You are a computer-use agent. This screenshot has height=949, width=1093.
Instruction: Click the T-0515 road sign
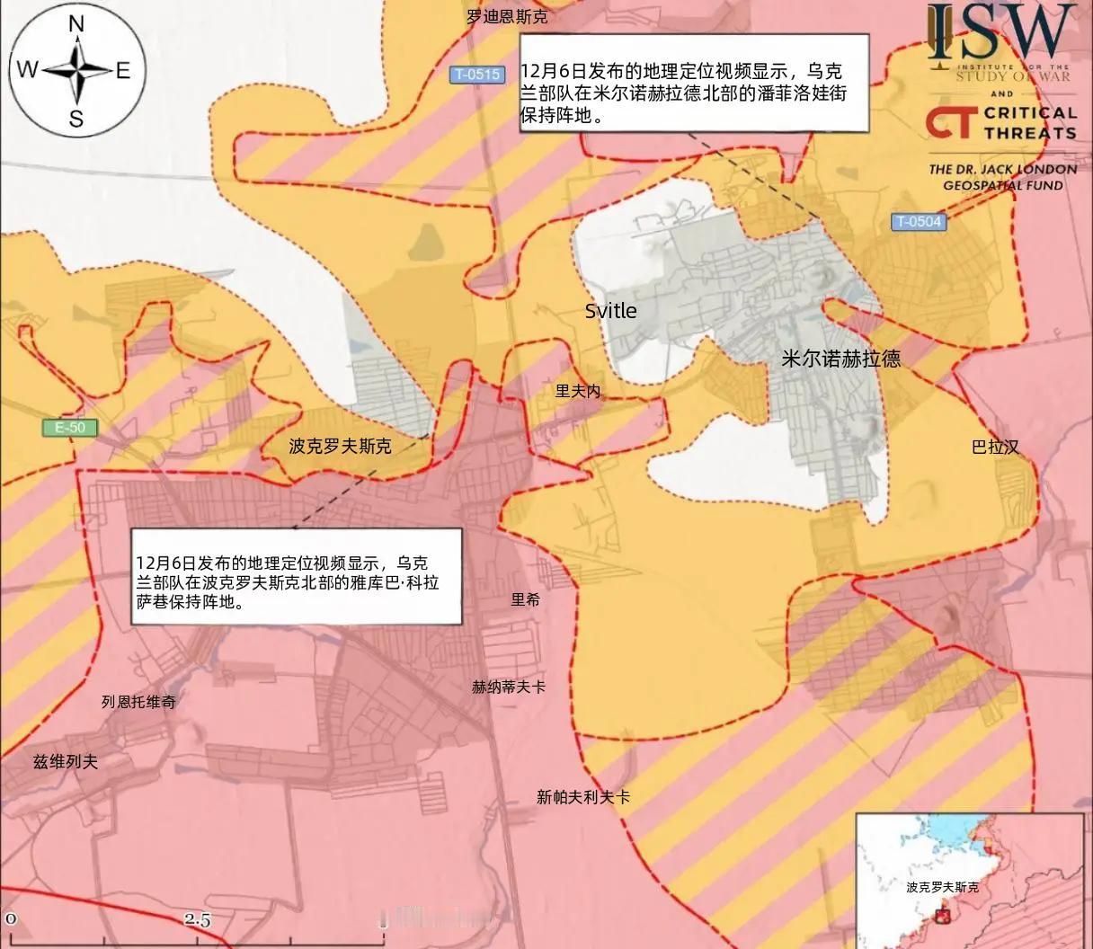coord(476,75)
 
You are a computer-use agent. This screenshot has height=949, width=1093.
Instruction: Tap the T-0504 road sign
coord(919,221)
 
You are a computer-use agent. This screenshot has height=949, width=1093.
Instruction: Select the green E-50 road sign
coord(69,428)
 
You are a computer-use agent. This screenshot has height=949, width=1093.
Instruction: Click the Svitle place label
coord(610,311)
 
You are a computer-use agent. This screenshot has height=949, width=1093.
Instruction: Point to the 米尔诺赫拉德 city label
coord(840,359)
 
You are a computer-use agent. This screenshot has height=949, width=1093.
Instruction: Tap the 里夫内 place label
coord(577,391)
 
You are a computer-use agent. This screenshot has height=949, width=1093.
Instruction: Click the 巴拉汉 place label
coord(995,447)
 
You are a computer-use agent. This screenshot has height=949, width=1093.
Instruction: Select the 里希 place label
coord(526,599)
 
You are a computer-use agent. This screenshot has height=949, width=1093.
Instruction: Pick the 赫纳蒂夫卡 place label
coord(509,687)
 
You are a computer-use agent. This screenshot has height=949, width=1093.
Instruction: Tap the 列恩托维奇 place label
coord(138,702)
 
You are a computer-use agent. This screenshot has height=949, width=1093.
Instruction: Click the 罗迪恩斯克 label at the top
coord(507,16)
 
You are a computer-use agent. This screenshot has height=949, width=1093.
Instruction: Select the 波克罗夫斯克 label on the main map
coord(340,446)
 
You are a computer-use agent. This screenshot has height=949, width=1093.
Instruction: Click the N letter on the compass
coord(76,25)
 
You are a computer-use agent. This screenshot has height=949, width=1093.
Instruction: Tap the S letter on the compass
coord(76,119)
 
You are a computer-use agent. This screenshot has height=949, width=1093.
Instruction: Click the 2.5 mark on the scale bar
coord(198,919)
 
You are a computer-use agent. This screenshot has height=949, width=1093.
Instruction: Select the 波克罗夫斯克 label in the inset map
coord(942,887)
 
